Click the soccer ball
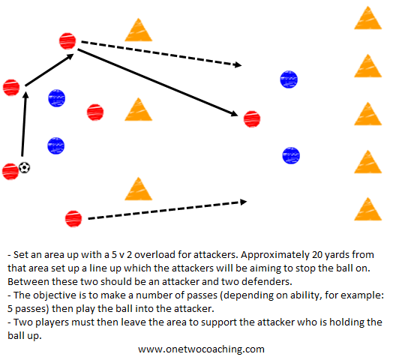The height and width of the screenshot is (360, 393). (x=25, y=167)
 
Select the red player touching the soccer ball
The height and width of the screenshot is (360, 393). (x=10, y=172)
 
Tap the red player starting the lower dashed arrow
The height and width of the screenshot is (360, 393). (x=73, y=219)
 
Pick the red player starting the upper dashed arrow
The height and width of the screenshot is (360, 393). (x=67, y=41)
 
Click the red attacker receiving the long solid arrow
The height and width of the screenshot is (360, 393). (x=252, y=119)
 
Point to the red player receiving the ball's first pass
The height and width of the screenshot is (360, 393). (x=11, y=88)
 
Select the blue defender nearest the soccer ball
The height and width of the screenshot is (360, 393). (x=56, y=145)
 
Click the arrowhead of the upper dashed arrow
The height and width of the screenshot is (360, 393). (x=237, y=65)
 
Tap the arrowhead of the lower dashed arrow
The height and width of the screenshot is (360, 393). (x=243, y=202)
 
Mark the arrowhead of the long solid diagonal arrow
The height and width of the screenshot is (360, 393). (x=235, y=113)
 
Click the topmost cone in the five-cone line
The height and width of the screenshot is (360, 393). (x=367, y=18)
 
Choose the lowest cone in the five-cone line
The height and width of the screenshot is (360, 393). (x=367, y=209)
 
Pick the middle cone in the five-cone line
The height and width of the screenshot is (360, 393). (x=367, y=114)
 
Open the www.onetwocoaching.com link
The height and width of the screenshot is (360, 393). (x=201, y=349)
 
